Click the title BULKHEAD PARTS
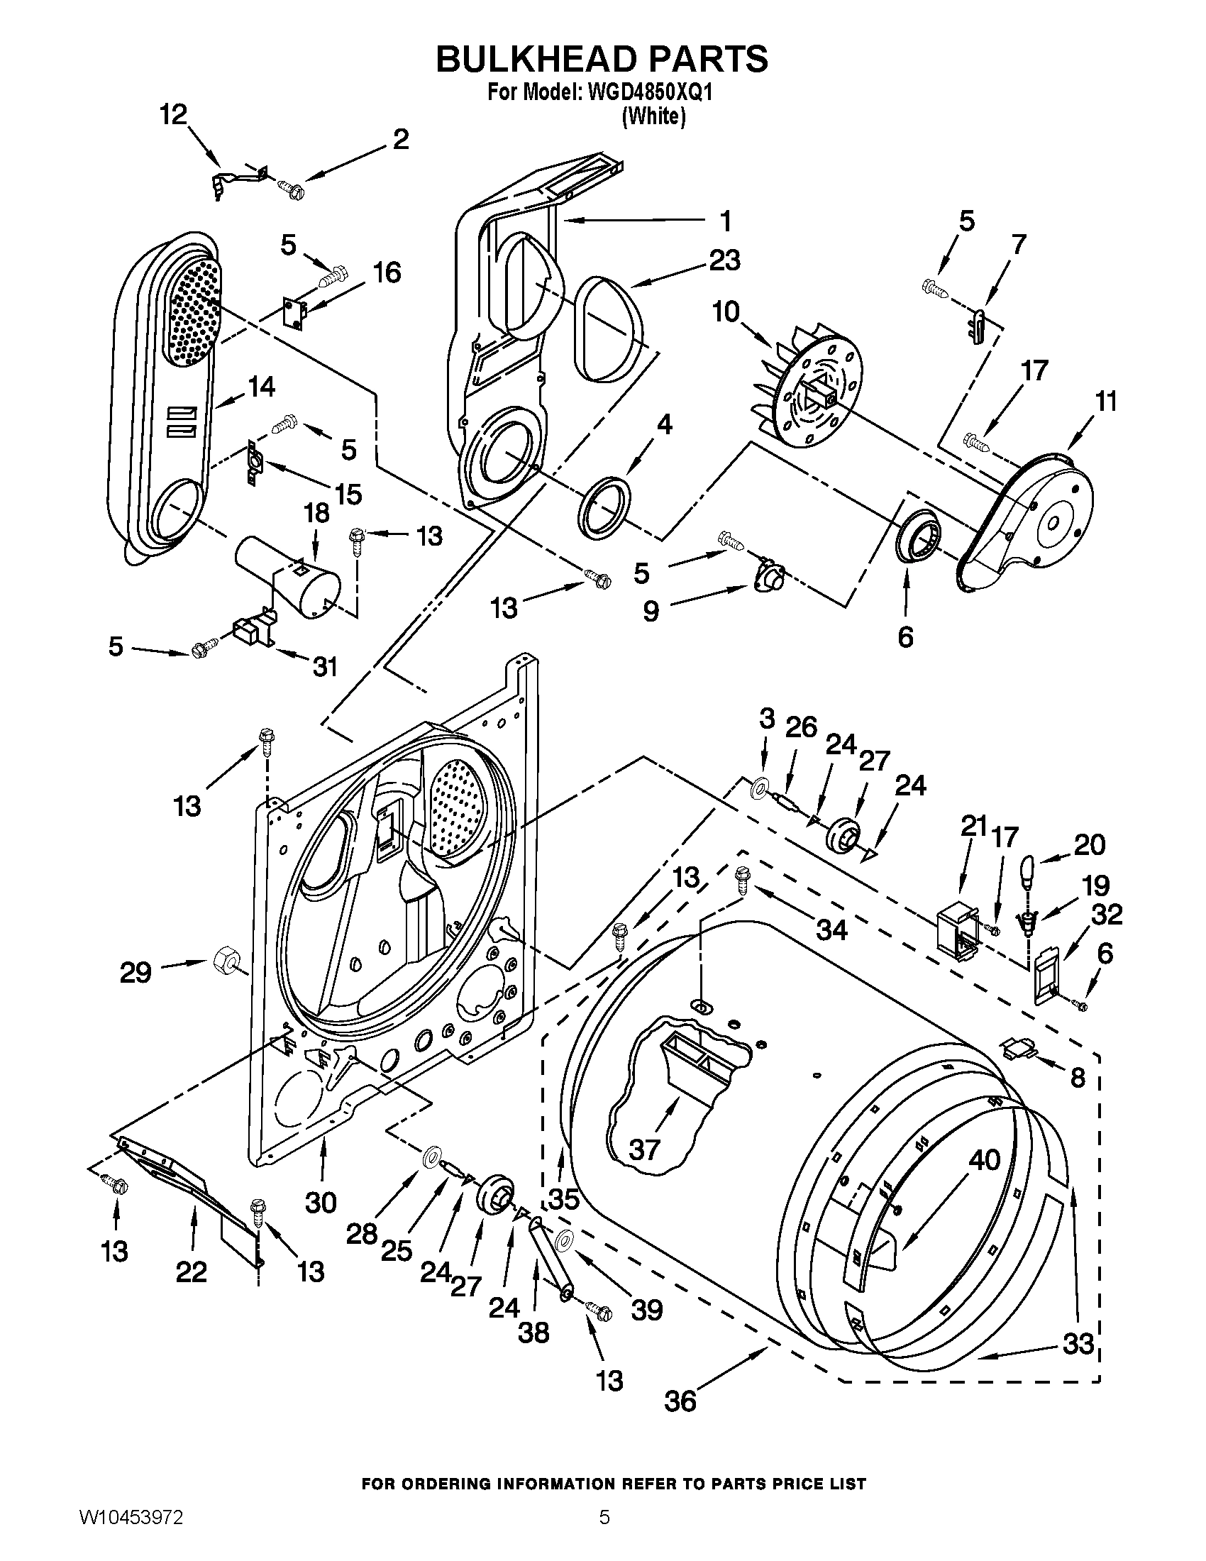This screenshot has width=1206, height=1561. pos(602,59)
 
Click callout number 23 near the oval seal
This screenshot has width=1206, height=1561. pos(724,261)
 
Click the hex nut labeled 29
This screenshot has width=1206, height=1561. pos(226,956)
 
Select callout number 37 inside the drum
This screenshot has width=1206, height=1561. pos(644,1150)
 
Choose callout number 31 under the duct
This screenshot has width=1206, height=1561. pos(324,666)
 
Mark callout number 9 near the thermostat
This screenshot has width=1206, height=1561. pos(651,611)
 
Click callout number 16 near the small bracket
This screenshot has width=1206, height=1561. pos(387,273)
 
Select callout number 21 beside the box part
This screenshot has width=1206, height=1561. pos(973,827)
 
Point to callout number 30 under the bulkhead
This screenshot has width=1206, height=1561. pos(321,1202)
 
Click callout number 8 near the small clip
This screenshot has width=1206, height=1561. pos(1078,1077)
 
